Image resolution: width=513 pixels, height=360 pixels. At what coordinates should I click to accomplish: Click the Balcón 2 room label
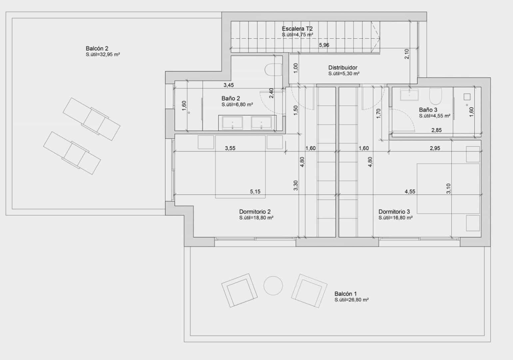click(97, 49)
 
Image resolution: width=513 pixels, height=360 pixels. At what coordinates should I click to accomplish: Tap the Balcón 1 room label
click(345, 294)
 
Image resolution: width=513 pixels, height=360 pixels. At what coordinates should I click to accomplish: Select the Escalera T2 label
click(297, 29)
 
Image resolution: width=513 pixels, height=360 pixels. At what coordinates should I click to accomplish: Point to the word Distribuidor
click(343, 68)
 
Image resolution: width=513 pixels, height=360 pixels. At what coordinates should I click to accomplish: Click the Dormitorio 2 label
click(255, 212)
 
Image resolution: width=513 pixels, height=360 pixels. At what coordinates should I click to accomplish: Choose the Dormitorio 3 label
click(394, 212)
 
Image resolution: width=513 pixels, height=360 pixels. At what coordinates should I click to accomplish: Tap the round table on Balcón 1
click(273, 286)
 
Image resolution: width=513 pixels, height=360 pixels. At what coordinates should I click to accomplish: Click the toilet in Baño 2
click(273, 70)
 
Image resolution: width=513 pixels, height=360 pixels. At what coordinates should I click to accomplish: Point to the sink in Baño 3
click(409, 95)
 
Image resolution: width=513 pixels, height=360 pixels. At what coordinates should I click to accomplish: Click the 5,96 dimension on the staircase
click(324, 45)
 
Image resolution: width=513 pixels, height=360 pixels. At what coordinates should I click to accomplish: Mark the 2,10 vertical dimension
click(407, 54)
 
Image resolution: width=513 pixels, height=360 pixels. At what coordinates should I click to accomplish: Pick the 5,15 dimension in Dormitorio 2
click(255, 192)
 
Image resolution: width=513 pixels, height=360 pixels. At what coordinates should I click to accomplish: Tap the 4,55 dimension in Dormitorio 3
click(410, 192)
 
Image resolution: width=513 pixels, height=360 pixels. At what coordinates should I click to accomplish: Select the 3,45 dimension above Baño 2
click(229, 85)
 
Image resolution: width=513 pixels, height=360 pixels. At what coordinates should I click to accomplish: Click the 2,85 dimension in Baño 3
click(436, 130)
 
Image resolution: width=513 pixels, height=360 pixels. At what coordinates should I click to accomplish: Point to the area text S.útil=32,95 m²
click(103, 55)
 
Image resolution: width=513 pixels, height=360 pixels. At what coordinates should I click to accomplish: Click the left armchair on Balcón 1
click(239, 290)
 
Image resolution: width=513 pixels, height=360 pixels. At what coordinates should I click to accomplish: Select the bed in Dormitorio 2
click(240, 167)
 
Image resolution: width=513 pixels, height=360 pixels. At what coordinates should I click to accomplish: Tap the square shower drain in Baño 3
click(467, 97)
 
